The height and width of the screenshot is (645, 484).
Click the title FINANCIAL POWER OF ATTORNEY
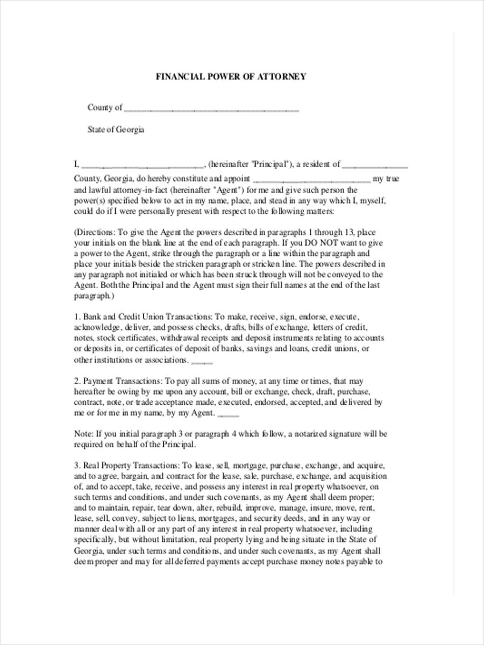point(231,77)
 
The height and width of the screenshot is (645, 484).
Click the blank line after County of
point(211,109)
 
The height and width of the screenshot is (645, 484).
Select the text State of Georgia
point(116,130)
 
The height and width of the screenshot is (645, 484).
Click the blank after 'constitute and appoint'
point(311,180)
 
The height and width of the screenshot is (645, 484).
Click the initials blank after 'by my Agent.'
point(229,414)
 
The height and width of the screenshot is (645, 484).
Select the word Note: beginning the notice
point(83,434)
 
